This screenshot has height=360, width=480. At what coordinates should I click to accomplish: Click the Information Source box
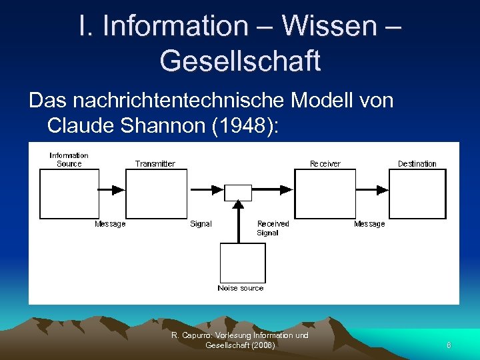pos(69,193)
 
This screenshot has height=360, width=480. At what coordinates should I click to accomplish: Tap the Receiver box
pos(323,193)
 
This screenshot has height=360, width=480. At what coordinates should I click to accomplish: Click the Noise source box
pos(243,263)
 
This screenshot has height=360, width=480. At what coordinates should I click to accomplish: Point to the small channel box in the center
pos(238,193)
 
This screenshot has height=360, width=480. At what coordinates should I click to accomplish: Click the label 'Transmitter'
pos(155,163)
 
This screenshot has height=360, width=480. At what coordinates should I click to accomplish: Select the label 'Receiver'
pos(325,163)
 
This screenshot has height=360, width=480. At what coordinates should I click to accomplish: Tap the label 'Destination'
pos(417,163)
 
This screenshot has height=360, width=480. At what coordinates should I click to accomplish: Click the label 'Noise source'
pos(241,288)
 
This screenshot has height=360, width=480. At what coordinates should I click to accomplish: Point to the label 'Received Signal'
pos(273,228)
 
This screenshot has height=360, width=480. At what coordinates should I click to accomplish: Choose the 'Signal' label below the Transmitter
pos(201,224)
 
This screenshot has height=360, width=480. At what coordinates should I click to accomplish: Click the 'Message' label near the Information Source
pos(110,224)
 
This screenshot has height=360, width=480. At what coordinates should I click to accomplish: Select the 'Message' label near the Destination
pos(369,224)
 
